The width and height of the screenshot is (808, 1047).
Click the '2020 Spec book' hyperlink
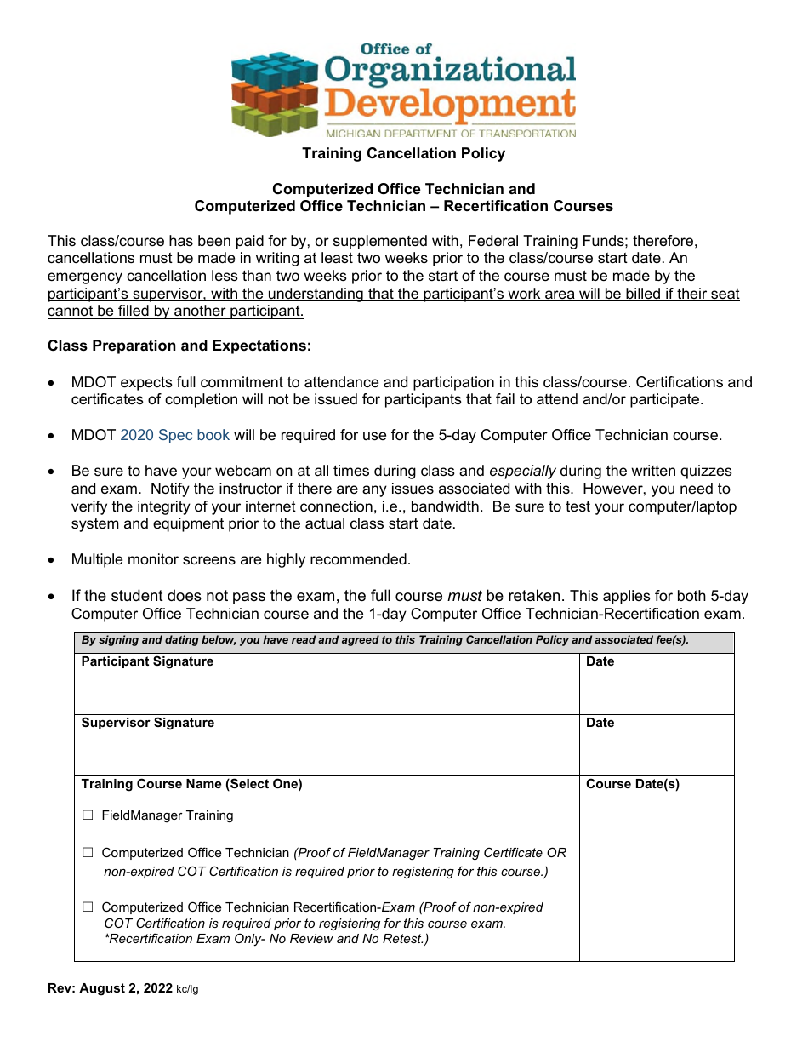(x=174, y=436)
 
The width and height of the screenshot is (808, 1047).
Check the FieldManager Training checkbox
(x=88, y=815)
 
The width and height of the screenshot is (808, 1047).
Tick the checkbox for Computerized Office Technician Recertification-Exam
(x=88, y=907)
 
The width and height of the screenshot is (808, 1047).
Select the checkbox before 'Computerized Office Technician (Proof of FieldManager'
(x=88, y=853)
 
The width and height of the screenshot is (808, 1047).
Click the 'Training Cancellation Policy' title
(x=403, y=154)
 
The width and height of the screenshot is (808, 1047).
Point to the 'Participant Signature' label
(x=147, y=661)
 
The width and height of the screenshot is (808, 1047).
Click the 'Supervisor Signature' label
(x=147, y=723)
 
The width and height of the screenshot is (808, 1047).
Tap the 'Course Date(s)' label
(x=632, y=784)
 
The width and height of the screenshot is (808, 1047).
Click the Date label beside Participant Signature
(x=600, y=661)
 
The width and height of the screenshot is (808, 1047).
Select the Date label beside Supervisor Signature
(x=600, y=723)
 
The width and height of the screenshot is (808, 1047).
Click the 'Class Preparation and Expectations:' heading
(x=179, y=346)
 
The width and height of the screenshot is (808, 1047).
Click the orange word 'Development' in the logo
(x=450, y=106)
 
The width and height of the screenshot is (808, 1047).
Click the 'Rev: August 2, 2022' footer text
(x=110, y=988)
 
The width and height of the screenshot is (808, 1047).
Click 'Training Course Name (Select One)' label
(x=191, y=784)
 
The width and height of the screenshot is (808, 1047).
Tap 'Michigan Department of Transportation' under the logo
(x=450, y=134)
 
